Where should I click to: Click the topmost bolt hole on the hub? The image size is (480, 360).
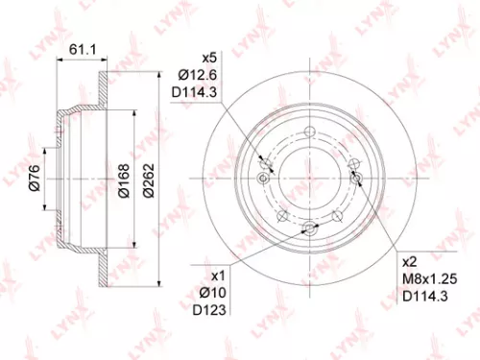click(x=310, y=132)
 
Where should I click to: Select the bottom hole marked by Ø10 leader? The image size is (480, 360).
click(x=309, y=228)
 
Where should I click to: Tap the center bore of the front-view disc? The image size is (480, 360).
click(x=309, y=179)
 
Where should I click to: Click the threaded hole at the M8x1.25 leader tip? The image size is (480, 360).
click(x=356, y=179)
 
